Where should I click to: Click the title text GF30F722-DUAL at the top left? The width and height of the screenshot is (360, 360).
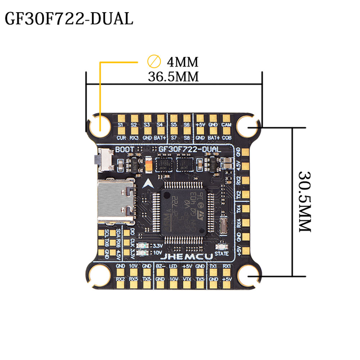[68, 19]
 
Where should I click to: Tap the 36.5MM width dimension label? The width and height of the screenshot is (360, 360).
[174, 76]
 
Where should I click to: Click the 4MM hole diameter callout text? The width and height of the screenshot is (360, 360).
[182, 62]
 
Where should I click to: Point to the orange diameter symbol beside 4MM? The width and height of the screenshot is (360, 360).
[154, 62]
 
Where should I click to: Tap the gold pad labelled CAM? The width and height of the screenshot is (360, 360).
[226, 118]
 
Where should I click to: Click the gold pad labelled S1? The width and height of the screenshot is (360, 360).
[121, 118]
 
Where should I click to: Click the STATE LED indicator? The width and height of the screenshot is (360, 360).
[221, 247]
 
